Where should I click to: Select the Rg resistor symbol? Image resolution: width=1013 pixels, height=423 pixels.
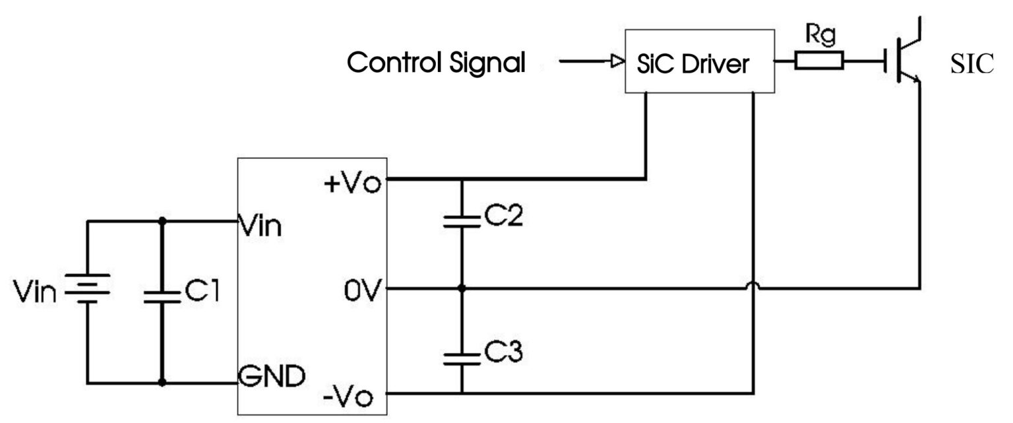click(818, 61)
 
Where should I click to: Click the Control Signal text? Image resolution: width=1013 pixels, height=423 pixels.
click(437, 63)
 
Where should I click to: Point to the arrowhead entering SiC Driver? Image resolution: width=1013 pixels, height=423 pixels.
click(616, 63)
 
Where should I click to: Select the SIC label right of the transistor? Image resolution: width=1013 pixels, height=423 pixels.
click(971, 63)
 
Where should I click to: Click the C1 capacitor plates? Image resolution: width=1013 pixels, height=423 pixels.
click(161, 295)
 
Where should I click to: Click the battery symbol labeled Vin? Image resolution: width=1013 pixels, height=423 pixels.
click(86, 289)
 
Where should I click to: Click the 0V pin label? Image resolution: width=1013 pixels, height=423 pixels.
click(361, 289)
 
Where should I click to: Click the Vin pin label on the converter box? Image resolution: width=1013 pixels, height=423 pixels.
click(261, 226)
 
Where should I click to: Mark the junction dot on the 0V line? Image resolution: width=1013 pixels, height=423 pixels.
click(462, 288)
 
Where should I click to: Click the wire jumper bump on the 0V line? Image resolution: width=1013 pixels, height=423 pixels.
click(752, 284)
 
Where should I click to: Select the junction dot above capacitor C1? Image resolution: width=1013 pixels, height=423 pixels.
click(161, 222)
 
